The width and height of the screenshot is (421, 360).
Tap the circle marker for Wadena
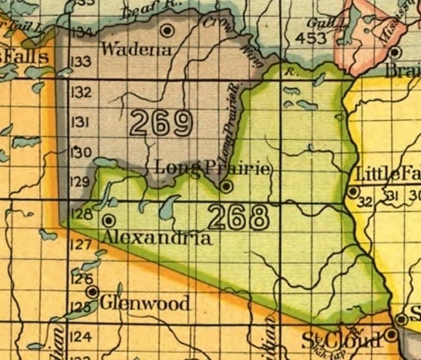click(168, 31)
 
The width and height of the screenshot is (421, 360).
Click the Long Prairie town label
click(213, 169)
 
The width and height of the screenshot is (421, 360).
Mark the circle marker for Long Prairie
click(225, 187)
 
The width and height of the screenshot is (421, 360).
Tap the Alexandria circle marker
click(109, 220)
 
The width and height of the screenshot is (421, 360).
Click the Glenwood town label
click(144, 304)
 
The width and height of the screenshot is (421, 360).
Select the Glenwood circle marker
click(93, 293)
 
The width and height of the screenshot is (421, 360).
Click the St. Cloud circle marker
click(390, 337)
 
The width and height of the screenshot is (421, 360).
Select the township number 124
click(81, 337)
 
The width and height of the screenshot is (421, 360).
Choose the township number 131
click(82, 122)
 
